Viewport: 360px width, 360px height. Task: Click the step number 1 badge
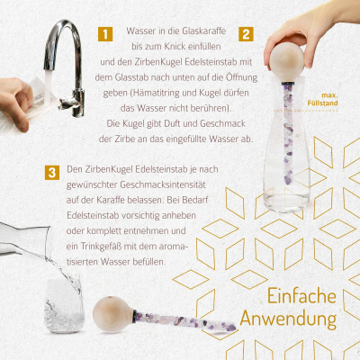(105, 34)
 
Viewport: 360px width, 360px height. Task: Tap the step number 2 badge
(245, 34)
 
